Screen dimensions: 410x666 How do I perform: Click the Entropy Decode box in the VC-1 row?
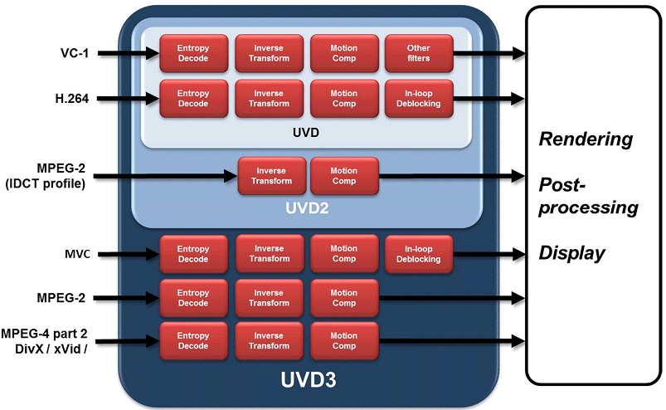pyautogui.click(x=193, y=53)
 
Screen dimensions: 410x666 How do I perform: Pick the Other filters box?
pyautogui.click(x=419, y=53)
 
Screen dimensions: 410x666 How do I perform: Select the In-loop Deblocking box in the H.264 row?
pyautogui.click(x=419, y=99)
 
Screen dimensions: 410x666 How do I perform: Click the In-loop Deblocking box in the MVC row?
pyautogui.click(x=419, y=254)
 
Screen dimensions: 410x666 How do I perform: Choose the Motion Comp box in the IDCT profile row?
pyautogui.click(x=344, y=176)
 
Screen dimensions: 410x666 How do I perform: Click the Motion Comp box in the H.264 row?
pyautogui.click(x=344, y=99)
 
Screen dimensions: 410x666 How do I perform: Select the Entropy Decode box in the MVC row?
pyautogui.click(x=193, y=254)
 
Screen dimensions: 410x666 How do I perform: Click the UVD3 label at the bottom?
pyautogui.click(x=306, y=381)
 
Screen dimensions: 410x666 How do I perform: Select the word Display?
pyautogui.click(x=572, y=253)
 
